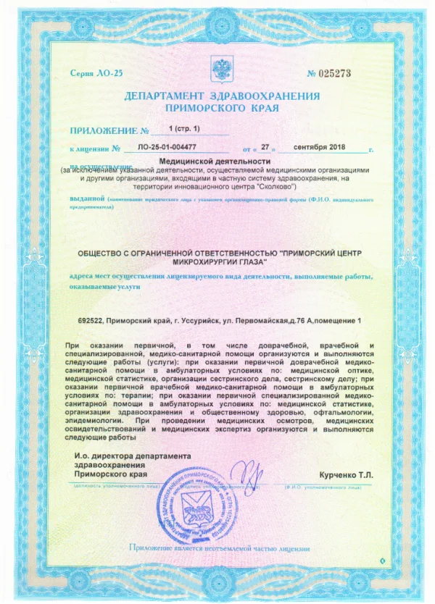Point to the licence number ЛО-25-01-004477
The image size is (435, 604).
172,148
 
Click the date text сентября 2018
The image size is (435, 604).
320,148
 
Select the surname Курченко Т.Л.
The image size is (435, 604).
344,474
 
